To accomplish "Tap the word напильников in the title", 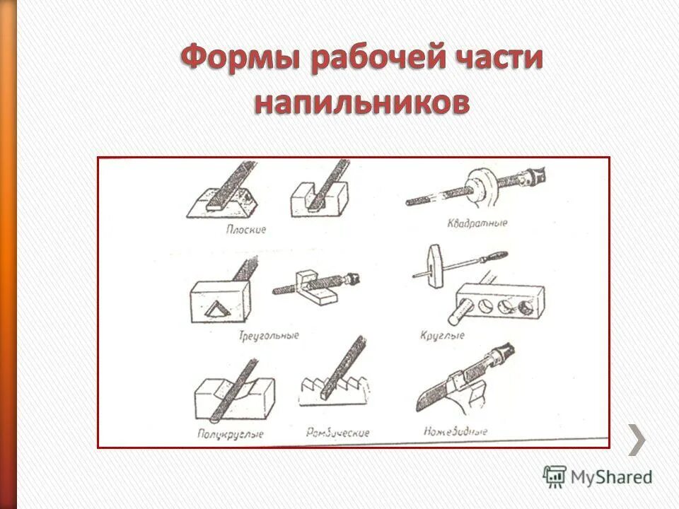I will coord(361,104).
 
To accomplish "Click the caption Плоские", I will coord(246,230).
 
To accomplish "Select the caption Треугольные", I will coord(269,334).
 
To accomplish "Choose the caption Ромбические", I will coord(338,431).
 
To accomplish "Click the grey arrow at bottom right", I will coord(637,440).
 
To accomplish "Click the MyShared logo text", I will coord(612,476).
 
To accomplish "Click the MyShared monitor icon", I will coord(555,476).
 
